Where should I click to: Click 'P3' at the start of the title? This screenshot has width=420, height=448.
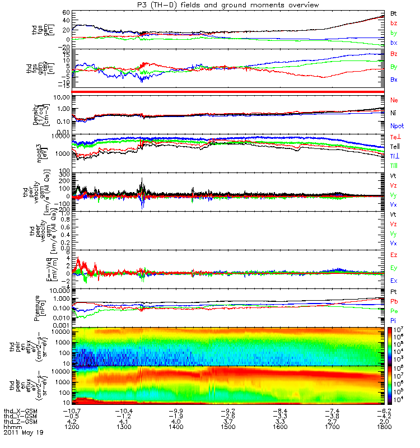coord(133,4)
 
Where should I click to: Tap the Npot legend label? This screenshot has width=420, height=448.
coord(396,127)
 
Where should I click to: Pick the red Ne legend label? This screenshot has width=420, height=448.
coord(394,100)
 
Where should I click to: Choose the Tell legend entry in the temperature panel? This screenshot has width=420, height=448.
coord(395,146)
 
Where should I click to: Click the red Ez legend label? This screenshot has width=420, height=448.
coord(394,255)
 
